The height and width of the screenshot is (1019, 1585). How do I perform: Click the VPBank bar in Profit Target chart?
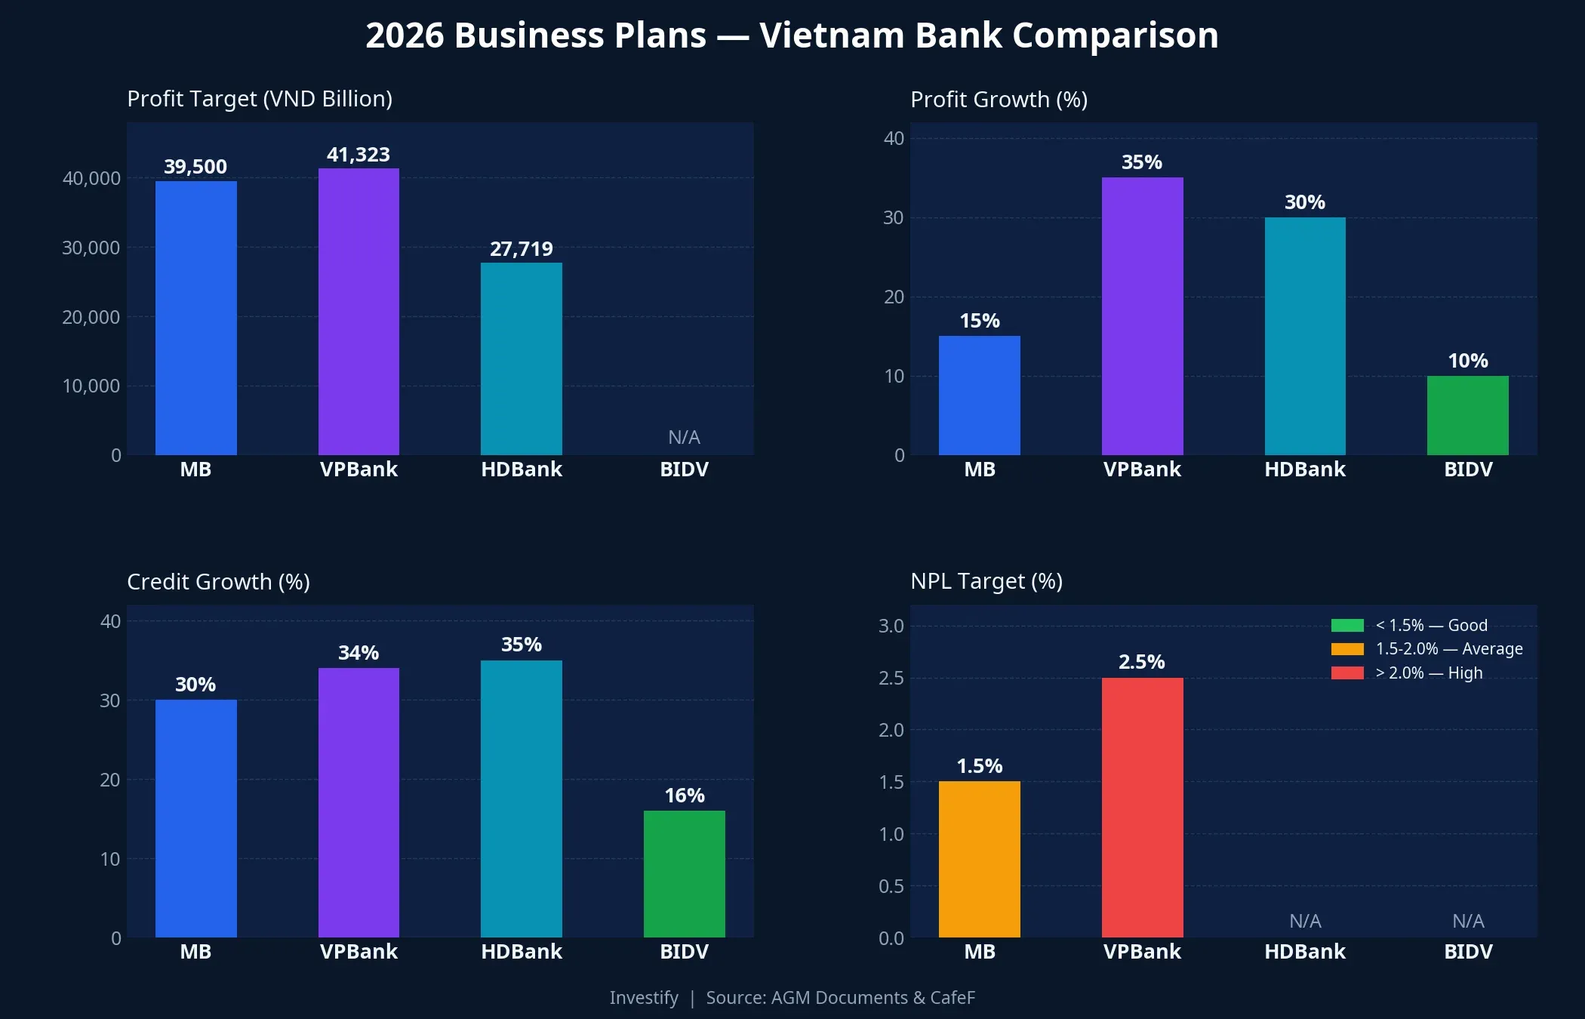point(359,311)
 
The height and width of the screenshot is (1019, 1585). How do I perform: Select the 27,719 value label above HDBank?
point(521,249)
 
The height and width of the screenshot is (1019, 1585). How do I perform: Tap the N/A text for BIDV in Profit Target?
point(684,437)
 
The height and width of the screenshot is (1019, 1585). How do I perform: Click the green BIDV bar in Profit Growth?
point(1467,415)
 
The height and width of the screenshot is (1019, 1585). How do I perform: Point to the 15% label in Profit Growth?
point(979,321)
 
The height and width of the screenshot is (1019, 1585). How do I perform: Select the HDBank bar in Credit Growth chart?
point(521,799)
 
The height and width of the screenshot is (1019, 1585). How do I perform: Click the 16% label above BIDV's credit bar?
point(684,796)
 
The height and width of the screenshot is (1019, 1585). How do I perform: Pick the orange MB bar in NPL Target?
point(979,859)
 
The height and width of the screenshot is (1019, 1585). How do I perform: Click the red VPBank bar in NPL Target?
point(1142,808)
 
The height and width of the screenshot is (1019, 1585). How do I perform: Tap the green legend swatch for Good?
point(1347,625)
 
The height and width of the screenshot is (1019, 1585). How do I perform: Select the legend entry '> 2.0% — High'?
point(1428,673)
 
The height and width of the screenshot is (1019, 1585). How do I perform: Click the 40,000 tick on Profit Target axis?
point(91,179)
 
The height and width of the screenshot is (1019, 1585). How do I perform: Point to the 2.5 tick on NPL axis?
point(891,678)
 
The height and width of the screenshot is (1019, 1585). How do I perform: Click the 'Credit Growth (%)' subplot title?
point(218,582)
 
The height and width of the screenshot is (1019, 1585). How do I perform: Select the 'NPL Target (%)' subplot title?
point(986,581)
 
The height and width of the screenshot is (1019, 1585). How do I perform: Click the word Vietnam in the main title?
point(832,35)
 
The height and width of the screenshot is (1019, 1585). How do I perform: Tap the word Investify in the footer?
point(644,998)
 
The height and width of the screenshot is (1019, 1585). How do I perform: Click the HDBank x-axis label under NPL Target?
point(1304,952)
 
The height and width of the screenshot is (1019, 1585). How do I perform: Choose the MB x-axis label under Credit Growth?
point(195,952)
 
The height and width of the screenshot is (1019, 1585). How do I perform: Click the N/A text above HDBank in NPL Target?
point(1304,921)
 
